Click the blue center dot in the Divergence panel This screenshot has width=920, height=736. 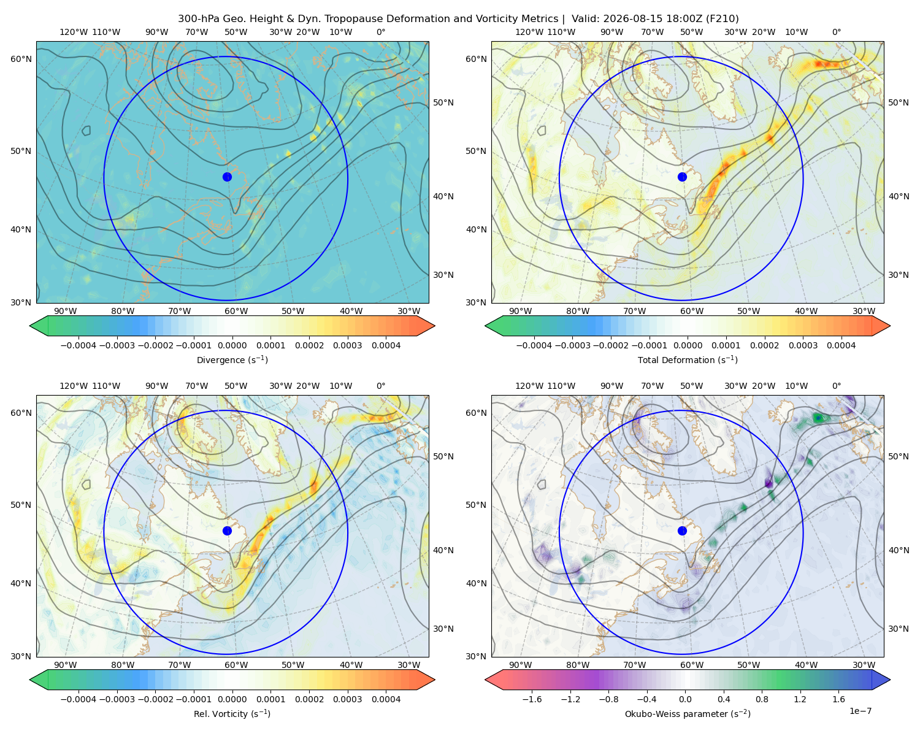[227, 177]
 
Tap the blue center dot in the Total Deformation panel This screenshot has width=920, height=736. [682, 177]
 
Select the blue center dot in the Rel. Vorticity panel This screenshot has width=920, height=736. [227, 531]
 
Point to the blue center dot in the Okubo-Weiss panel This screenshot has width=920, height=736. [682, 531]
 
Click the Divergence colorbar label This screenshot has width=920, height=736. [232, 359]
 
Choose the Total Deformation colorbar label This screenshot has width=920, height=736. [688, 359]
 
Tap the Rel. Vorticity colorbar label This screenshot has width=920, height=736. [232, 713]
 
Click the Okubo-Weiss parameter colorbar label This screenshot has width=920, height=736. [688, 713]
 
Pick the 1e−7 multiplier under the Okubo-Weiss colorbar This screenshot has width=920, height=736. [860, 711]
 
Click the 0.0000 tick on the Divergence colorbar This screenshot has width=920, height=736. [232, 345]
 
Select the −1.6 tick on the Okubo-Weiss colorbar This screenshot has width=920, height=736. [532, 699]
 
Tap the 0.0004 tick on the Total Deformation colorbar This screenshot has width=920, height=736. [841, 345]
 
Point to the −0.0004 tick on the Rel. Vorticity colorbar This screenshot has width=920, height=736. [79, 699]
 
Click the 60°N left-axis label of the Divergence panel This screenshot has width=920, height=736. [21, 59]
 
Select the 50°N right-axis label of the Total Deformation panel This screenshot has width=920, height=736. [898, 102]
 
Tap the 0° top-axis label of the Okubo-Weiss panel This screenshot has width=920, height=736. [836, 385]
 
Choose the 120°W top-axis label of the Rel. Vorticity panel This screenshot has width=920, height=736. [74, 385]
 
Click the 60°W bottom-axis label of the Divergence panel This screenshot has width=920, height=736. [236, 311]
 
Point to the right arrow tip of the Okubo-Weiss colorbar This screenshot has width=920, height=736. [890, 680]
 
